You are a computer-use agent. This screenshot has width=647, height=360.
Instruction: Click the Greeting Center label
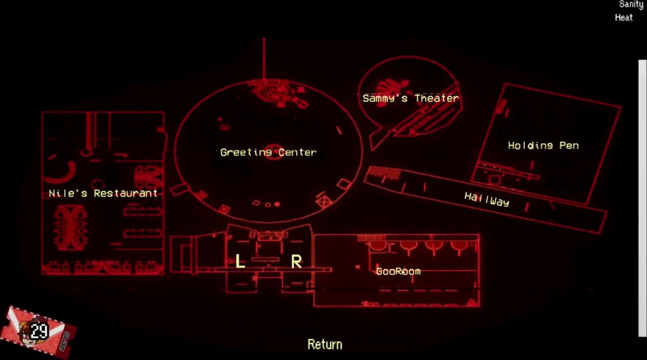coord(268,152)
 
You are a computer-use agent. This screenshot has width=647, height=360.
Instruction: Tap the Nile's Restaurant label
coord(103,193)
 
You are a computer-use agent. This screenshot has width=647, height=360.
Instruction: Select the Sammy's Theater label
coord(410,98)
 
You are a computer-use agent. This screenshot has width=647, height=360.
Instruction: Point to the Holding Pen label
coord(543,146)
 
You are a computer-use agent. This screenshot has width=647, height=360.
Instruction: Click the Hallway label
coord(487,199)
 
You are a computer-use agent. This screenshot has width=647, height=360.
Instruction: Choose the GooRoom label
coord(398,271)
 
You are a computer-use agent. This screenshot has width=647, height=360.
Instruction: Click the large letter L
coord(240,262)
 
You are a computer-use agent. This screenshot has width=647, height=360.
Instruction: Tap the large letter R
coord(296,262)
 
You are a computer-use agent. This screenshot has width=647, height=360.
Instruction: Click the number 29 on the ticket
coord(39,331)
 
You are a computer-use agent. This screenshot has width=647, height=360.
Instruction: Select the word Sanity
coord(631,5)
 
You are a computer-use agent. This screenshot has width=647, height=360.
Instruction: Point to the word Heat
coord(624,17)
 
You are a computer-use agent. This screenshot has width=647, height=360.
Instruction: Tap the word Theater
coord(436,98)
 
